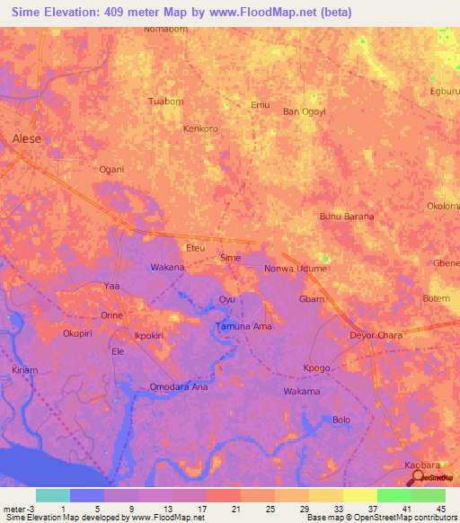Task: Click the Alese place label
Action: [27, 138]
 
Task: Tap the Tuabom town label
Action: [165, 101]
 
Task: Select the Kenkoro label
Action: [200, 129]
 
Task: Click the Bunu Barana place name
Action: [347, 217]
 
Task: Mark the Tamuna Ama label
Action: [243, 326]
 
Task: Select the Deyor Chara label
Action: [376, 335]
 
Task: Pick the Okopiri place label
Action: [78, 333]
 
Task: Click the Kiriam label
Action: [25, 369]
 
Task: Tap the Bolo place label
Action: [341, 420]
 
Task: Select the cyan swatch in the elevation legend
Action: [52, 495]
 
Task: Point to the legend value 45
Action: [439, 509]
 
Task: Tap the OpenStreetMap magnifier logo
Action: [418, 479]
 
